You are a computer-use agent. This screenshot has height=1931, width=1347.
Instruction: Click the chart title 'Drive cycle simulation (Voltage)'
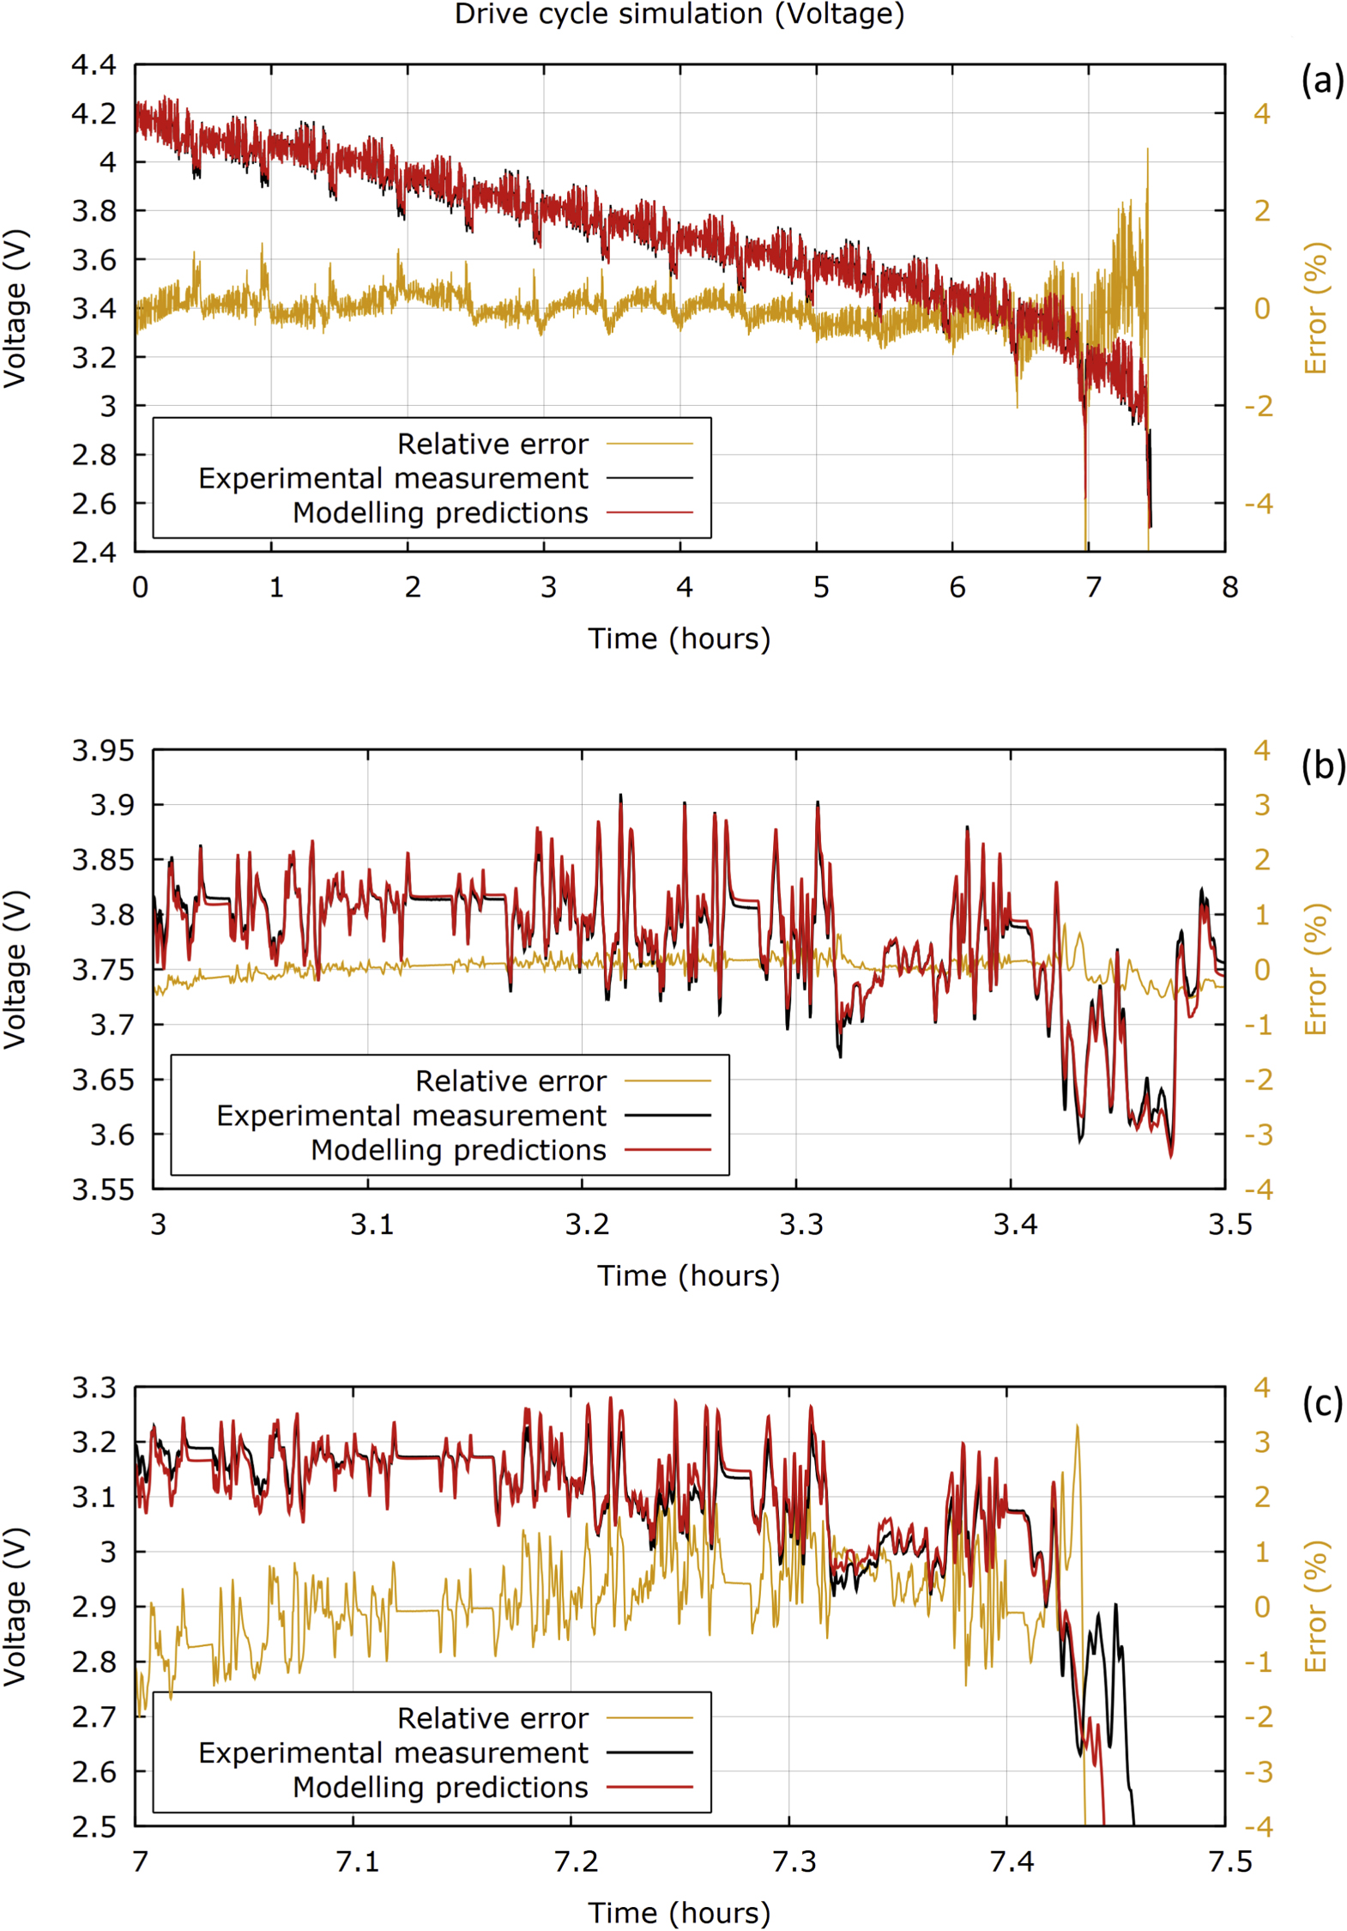(x=679, y=15)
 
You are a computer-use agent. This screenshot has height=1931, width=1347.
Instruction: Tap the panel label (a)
(x=1322, y=80)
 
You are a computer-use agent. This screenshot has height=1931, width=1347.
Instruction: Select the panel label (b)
(x=1322, y=765)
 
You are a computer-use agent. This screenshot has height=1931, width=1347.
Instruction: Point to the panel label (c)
(x=1322, y=1402)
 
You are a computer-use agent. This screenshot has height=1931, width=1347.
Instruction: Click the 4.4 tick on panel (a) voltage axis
(x=94, y=64)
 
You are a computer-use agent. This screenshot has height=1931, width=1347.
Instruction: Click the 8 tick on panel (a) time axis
(x=1229, y=587)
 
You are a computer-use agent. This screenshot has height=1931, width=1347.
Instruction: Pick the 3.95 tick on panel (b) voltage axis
(x=103, y=751)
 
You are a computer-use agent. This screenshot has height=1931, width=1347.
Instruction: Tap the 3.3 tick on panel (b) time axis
(x=800, y=1224)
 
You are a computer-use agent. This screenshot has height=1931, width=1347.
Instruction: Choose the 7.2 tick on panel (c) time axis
(x=576, y=1861)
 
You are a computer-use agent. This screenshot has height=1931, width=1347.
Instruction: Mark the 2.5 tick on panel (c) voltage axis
(x=94, y=1826)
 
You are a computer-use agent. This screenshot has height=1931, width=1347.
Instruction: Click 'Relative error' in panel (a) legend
(x=492, y=444)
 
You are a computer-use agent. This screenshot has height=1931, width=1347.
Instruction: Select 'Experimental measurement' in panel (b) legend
(x=411, y=1115)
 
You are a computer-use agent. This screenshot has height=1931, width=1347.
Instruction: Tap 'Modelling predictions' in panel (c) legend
(x=440, y=1787)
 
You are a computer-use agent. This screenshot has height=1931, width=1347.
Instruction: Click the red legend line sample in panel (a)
(x=649, y=512)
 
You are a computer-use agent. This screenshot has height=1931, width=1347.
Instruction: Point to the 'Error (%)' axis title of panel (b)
(x=1315, y=969)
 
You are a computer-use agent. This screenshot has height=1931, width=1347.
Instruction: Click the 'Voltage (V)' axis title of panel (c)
(x=15, y=1607)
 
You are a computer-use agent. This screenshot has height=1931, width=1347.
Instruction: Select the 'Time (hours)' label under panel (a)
(x=679, y=639)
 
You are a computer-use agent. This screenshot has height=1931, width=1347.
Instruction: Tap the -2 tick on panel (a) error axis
(x=1259, y=406)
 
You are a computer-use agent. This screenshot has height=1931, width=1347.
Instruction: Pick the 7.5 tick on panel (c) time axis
(x=1229, y=1861)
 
